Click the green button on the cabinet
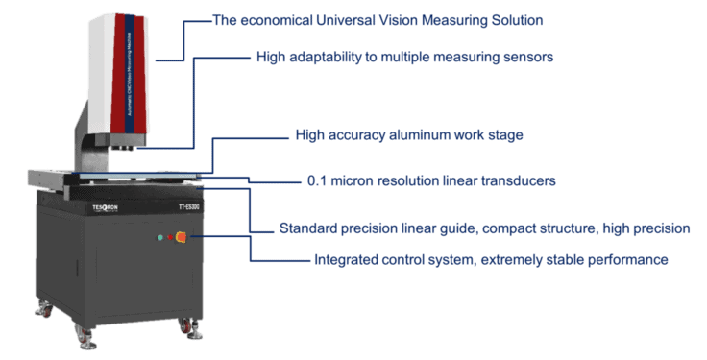[159, 236]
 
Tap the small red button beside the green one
[170, 236]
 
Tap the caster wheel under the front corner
[85, 338]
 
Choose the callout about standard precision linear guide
[481, 228]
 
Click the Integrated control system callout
[491, 260]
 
